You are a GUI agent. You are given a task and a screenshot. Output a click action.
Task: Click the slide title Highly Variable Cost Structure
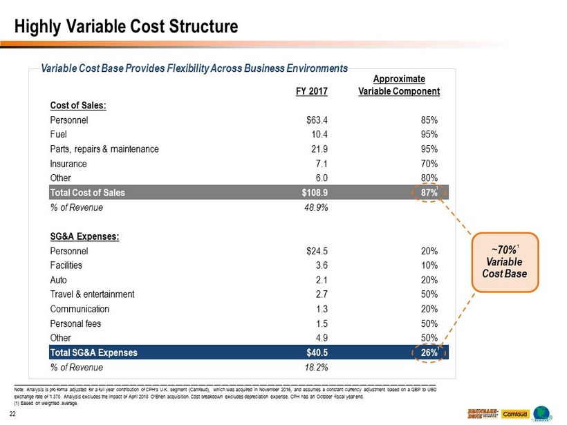coord(127,26)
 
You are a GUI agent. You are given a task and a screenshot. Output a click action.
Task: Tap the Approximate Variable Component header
coord(400,85)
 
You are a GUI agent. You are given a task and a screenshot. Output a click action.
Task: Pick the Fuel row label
coord(59,134)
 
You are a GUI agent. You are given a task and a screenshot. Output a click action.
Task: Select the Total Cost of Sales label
coord(87,193)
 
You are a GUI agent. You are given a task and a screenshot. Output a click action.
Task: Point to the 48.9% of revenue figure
coord(315,208)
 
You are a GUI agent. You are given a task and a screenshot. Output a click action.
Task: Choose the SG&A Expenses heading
coord(84,236)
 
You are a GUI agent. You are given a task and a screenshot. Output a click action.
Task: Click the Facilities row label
coord(66,265)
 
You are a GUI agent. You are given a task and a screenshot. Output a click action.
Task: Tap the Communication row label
coord(80,309)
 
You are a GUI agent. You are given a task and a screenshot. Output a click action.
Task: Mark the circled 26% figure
coord(428,352)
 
